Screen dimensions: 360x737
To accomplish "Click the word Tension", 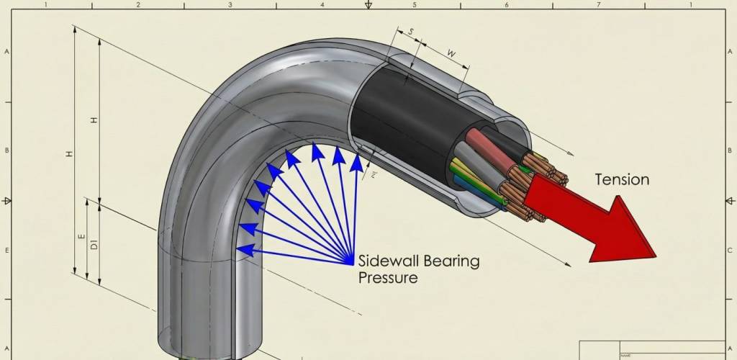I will coord(621,179).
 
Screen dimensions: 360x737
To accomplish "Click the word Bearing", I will coord(452,261).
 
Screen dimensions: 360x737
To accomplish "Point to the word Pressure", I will coord(388,277).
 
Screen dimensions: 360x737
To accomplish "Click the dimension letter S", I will coord(411,32).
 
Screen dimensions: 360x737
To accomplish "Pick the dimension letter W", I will coord(451,53).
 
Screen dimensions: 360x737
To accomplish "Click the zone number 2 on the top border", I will coord(138,4).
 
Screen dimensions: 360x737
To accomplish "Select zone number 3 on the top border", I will coord(230,4).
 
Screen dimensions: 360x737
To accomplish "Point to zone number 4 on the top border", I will coord(322,4).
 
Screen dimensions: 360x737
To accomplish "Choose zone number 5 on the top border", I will coord(415,4).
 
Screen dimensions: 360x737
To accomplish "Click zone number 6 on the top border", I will coord(507,4).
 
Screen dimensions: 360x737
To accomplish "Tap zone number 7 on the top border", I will coord(599,4).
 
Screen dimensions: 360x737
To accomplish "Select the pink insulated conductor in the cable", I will coord(478,140).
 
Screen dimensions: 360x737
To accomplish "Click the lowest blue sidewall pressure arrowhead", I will coord(243,251).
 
